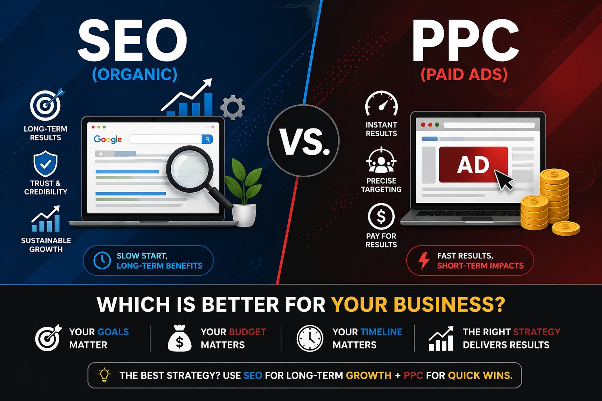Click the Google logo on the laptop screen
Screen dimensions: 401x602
pos(108,139)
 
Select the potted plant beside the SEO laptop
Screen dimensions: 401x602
pos(244,192)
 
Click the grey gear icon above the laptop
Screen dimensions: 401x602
pos(233,107)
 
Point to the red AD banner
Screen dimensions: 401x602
pos(473,165)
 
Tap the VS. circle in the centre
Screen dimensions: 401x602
pos(304,141)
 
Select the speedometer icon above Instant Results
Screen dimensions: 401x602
pos(381,104)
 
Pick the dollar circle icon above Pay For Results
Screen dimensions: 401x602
pos(381,217)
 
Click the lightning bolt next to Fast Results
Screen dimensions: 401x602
pos(424,260)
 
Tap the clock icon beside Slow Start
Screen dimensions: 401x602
pos(102,260)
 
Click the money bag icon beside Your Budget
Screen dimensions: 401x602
pos(180,339)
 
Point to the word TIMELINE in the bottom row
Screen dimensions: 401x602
pos(381,332)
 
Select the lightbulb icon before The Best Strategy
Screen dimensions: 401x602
pos(104,375)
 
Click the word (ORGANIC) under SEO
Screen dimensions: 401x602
pos(134,74)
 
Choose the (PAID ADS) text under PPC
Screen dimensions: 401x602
pos(464,74)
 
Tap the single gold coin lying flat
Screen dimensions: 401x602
pos(566,228)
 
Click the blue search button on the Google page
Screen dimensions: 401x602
pos(207,139)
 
